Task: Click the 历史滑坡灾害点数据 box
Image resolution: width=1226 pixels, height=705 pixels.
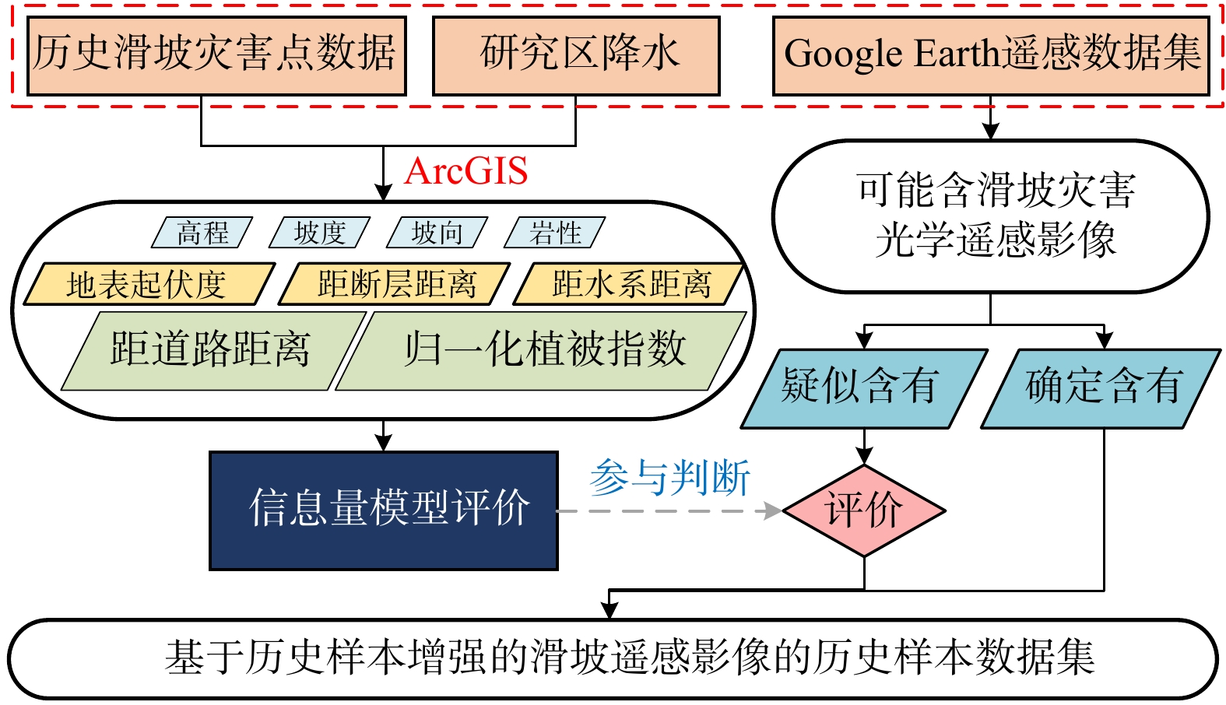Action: pos(216,56)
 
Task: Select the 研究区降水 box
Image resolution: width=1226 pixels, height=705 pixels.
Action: pos(576,56)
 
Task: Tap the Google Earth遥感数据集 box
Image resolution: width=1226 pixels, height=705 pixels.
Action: pos(991,56)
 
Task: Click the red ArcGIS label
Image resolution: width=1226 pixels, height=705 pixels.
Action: pos(465,170)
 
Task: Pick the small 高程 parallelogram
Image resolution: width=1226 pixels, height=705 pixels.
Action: pos(202,233)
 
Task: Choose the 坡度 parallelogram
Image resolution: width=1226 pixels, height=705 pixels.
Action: pos(320,233)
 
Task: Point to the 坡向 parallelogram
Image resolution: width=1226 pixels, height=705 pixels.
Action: pos(437,233)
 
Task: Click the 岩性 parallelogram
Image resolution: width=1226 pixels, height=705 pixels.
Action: pos(554,233)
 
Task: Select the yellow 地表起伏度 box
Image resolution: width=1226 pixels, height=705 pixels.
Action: pos(149,284)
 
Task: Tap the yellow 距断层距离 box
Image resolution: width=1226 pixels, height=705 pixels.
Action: pos(395,284)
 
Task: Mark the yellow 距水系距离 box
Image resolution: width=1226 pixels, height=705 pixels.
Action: pos(628,284)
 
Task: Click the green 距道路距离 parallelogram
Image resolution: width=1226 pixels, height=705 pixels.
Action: pos(213,351)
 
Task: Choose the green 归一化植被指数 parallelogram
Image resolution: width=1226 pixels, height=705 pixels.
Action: pos(541,351)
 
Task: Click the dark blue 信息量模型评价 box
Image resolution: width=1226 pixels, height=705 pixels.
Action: pos(384,510)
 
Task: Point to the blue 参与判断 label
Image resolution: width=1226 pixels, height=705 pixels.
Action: pos(669,478)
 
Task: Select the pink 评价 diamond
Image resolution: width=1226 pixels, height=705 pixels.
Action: pos(864,510)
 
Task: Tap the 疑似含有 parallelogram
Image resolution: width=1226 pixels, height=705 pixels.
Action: pos(864,388)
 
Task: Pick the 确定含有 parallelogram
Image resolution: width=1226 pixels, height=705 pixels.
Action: pos(1101,388)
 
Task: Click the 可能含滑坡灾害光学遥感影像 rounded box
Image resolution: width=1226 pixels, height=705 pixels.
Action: pos(991,216)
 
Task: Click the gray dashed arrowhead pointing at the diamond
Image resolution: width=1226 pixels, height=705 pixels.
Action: pos(774,510)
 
